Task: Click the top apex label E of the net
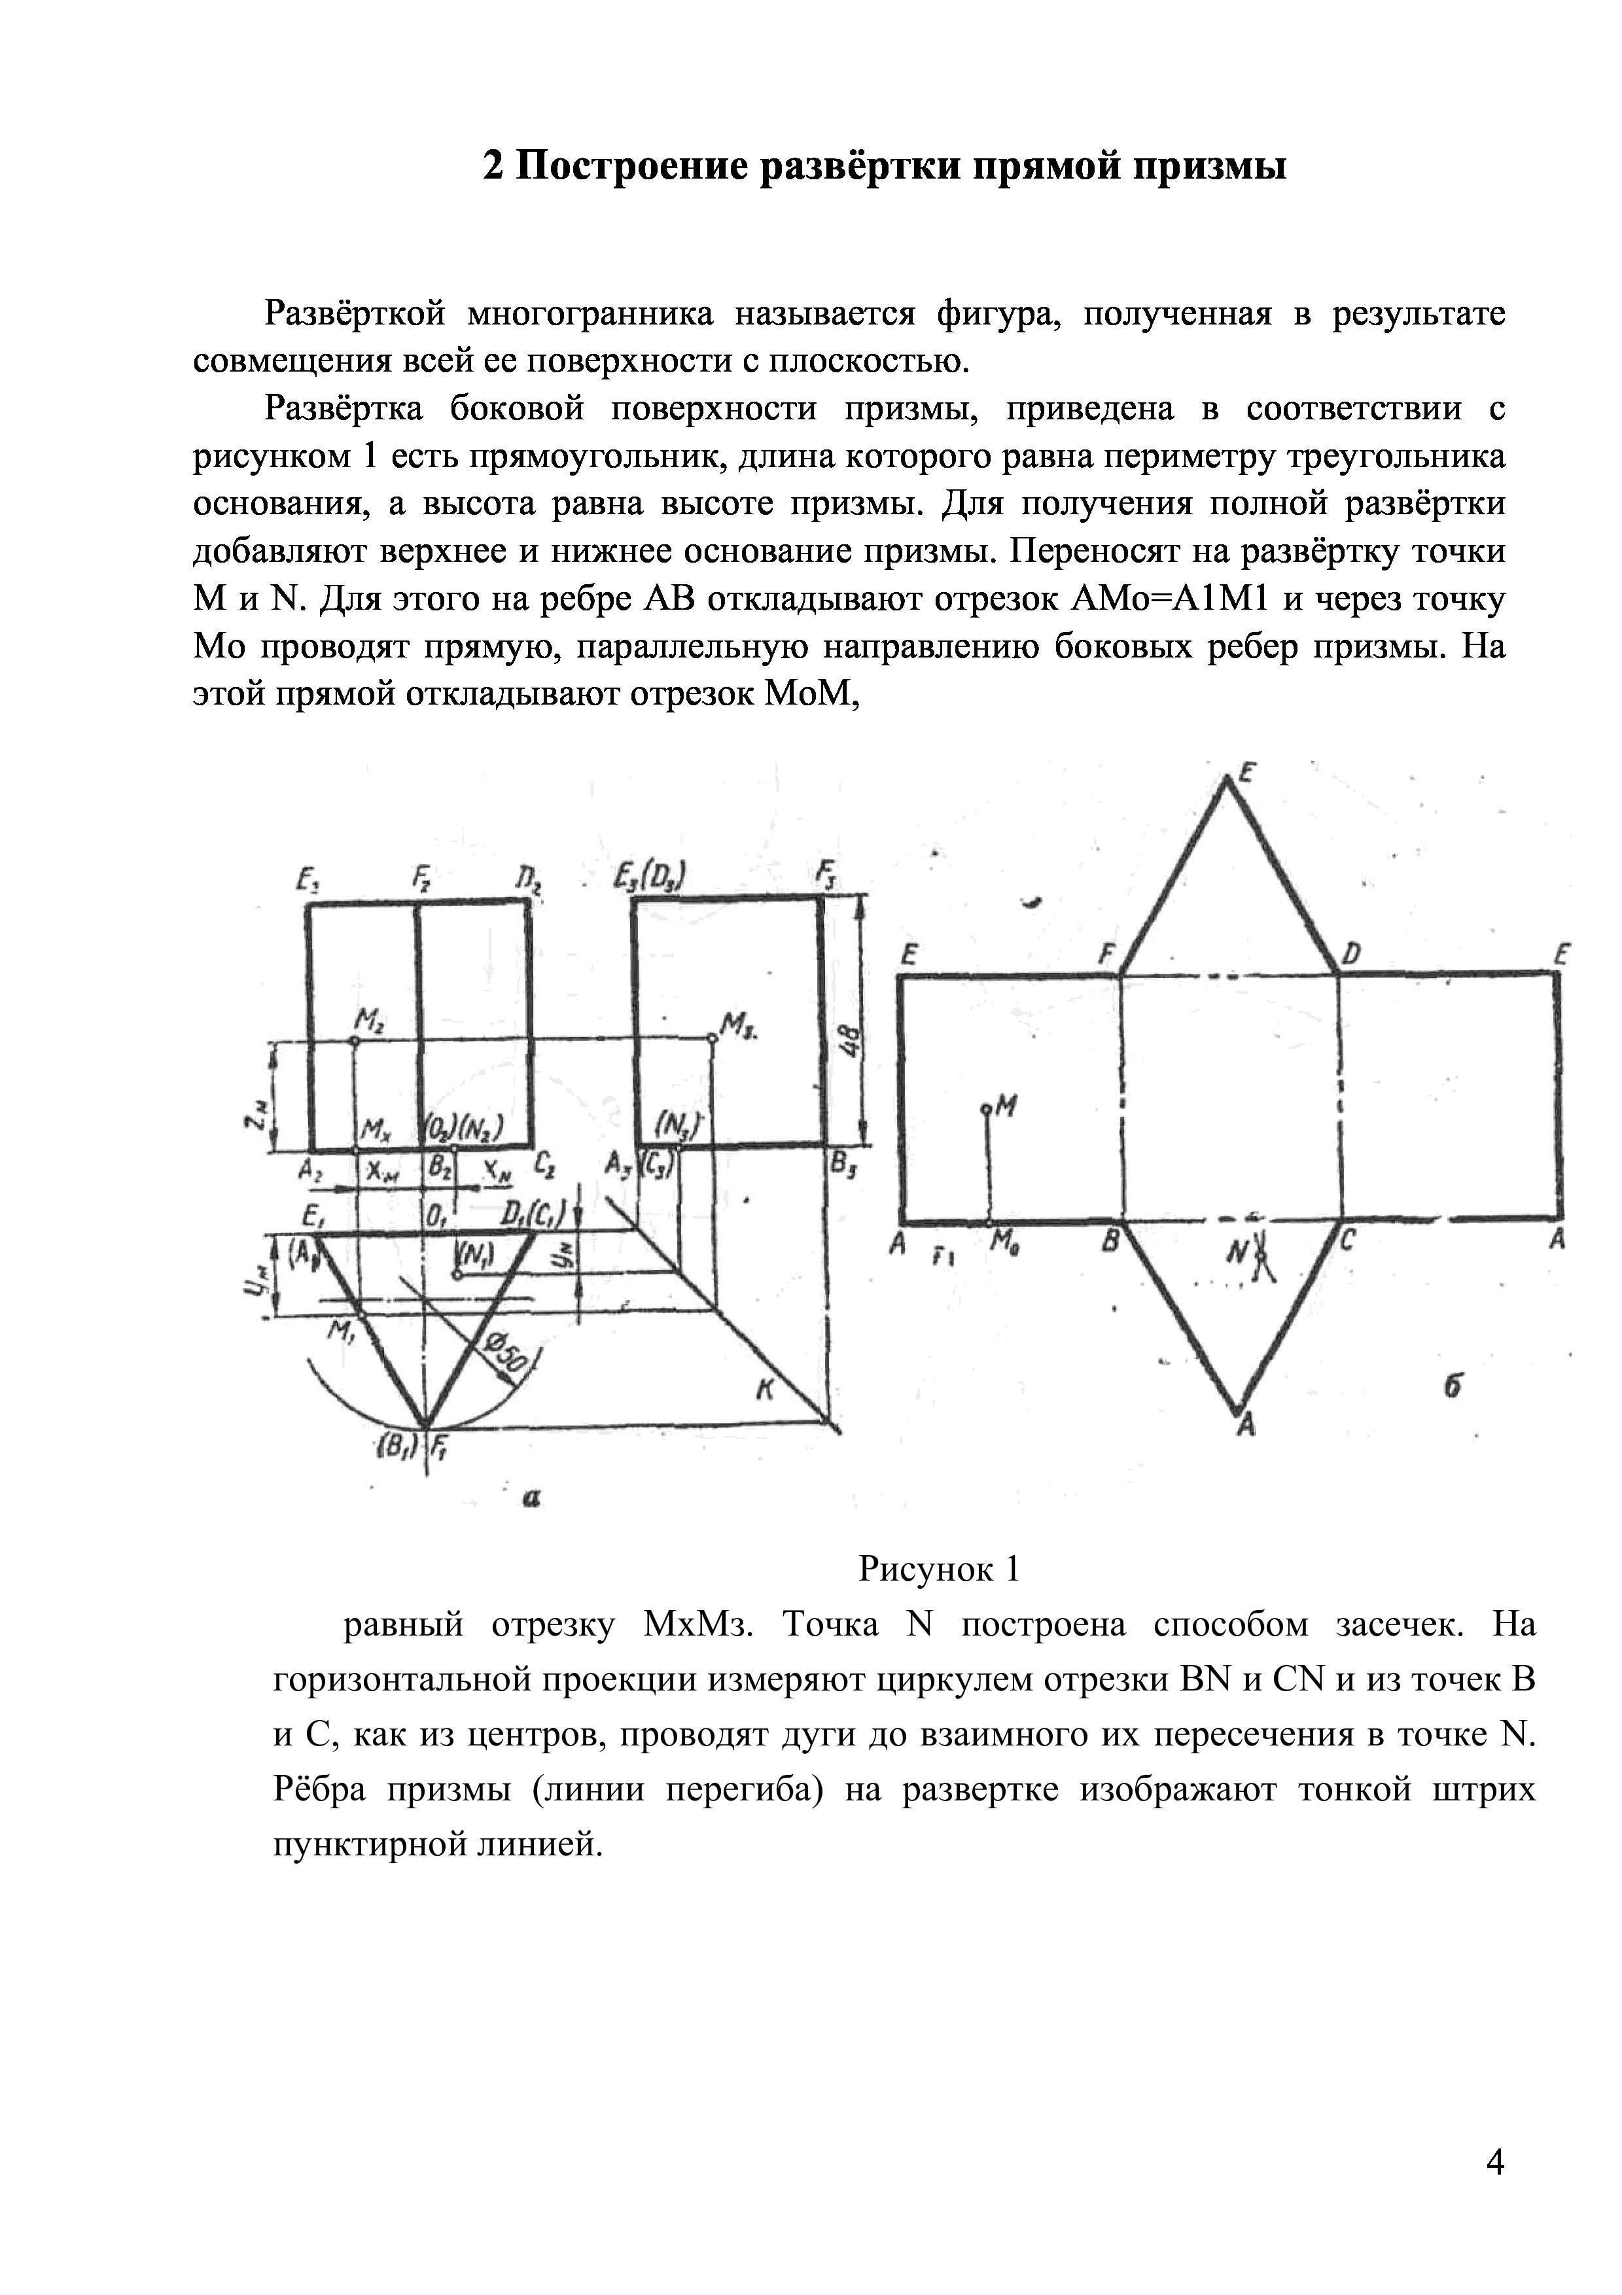[x=1247, y=772]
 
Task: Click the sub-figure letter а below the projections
[x=532, y=1498]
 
